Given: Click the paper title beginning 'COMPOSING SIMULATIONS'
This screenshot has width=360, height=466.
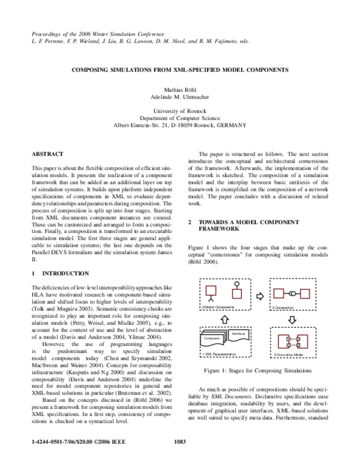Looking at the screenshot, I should [x=180, y=70].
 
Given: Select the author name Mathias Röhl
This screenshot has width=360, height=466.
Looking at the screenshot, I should [x=180, y=88].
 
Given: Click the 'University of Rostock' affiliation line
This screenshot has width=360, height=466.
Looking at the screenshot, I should [x=180, y=112].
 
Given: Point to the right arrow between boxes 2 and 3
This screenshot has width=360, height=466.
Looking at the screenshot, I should [x=259, y=296].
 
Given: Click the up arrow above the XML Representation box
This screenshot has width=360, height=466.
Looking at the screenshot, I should [x=225, y=319].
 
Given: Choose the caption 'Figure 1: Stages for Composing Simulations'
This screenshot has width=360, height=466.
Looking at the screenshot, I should [x=259, y=372].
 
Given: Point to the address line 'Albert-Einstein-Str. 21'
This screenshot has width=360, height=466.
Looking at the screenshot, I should [x=180, y=126].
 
